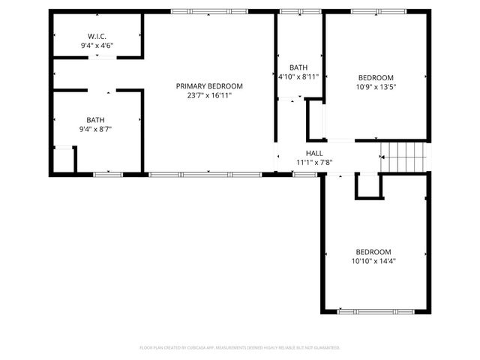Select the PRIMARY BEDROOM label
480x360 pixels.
(209, 86)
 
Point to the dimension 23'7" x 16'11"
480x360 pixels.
(209, 96)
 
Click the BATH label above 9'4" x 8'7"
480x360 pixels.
(95, 120)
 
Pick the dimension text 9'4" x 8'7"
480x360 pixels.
(95, 130)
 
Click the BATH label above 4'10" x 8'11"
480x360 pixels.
(298, 67)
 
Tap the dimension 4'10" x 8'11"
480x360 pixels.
(298, 76)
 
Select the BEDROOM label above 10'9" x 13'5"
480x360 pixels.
(376, 77)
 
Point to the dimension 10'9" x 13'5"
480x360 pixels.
(376, 87)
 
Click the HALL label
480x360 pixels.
(314, 152)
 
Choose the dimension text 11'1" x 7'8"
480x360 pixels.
(314, 161)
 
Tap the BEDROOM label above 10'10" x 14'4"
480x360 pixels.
(373, 252)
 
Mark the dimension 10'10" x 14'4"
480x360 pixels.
(373, 262)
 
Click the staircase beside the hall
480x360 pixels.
(405, 157)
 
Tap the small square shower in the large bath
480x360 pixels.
(64, 160)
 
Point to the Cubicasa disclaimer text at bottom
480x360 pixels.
(240, 348)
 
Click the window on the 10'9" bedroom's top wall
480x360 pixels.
(378, 11)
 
